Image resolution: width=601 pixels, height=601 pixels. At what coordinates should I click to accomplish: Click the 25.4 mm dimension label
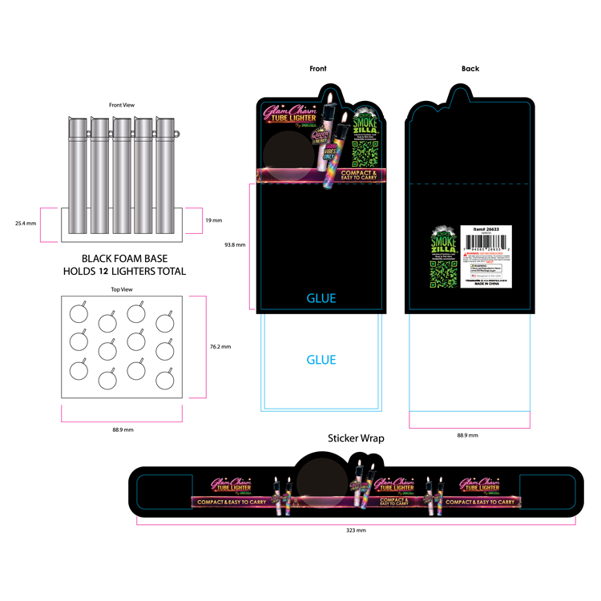pyautogui.click(x=26, y=224)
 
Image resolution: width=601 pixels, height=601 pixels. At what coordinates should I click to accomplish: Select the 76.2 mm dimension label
pyautogui.click(x=220, y=347)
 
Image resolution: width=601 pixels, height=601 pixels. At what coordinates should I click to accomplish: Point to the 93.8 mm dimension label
pyautogui.click(x=235, y=245)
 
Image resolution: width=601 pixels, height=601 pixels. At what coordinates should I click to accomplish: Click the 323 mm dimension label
pyautogui.click(x=356, y=530)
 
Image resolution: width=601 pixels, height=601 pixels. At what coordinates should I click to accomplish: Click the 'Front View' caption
pyautogui.click(x=121, y=104)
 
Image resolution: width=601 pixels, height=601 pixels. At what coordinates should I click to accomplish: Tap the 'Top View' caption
pyautogui.click(x=121, y=289)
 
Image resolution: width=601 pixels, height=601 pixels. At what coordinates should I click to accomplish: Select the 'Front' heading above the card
pyautogui.click(x=318, y=69)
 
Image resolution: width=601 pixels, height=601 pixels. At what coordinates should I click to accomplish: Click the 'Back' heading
pyautogui.click(x=470, y=69)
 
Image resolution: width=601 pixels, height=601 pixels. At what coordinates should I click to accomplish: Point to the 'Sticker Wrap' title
pyautogui.click(x=356, y=438)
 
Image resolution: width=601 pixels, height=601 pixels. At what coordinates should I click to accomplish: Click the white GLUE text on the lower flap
pyautogui.click(x=321, y=360)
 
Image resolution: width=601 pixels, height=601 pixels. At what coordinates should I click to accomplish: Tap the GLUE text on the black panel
pyautogui.click(x=321, y=298)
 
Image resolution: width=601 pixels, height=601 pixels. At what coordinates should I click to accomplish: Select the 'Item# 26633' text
pyautogui.click(x=486, y=228)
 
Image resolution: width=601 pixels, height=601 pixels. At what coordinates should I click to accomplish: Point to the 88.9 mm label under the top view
pyautogui.click(x=123, y=430)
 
